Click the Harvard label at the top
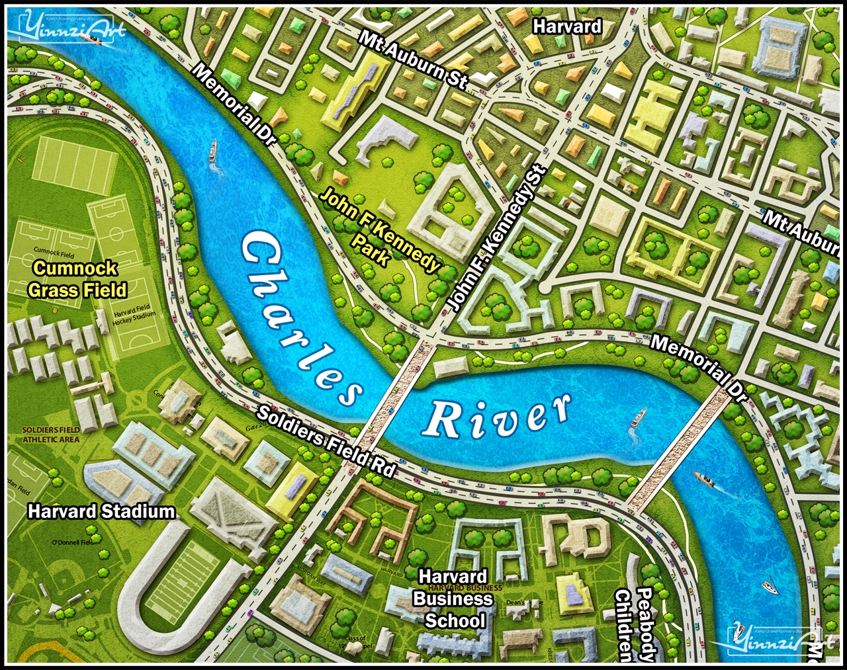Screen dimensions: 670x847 567,26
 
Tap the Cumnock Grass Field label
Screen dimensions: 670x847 77,279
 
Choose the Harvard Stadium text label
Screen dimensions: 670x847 101,511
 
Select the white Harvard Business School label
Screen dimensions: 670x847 453,599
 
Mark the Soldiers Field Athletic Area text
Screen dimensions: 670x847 51,435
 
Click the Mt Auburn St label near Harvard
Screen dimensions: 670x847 414,59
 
